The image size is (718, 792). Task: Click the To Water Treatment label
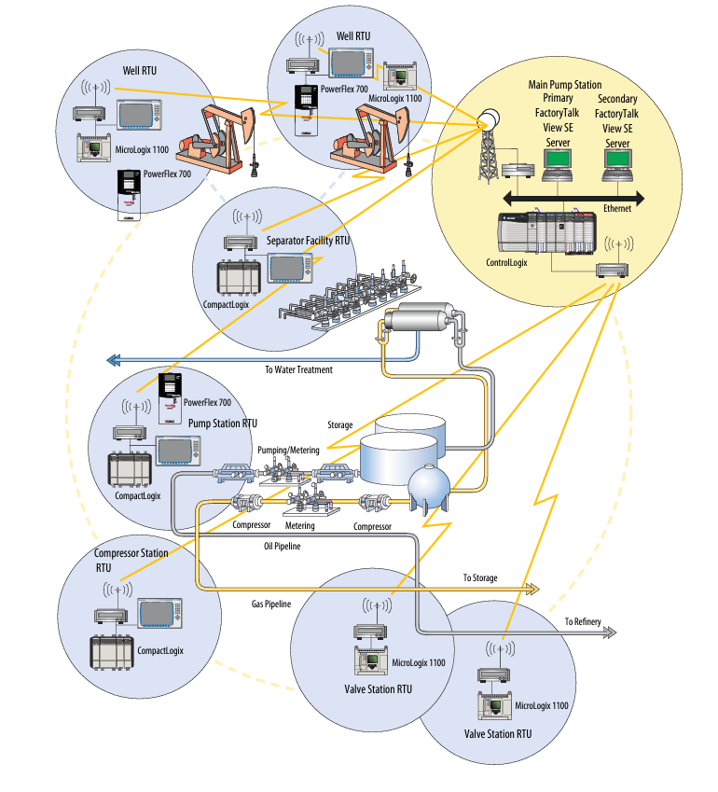[297, 369]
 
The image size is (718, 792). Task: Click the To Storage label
[480, 578]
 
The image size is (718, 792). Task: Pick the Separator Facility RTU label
[308, 240]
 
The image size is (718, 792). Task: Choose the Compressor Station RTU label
[131, 560]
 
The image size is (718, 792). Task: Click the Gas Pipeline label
[271, 604]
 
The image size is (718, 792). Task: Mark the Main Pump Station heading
[565, 85]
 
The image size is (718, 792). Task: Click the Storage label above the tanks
[340, 425]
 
